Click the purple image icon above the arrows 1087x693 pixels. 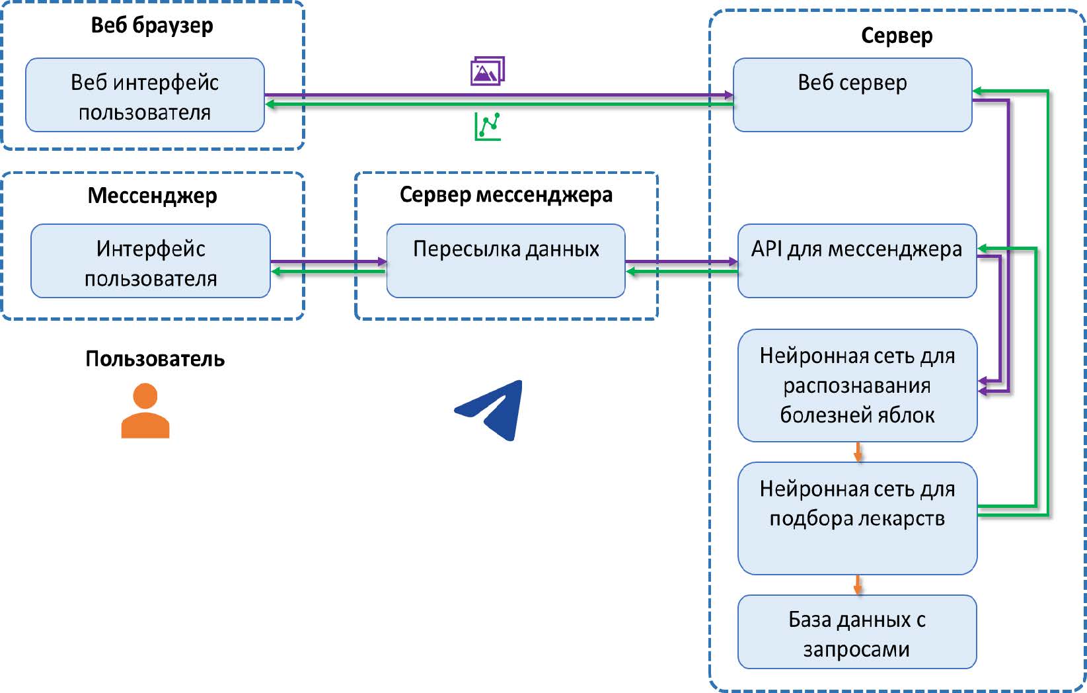click(488, 71)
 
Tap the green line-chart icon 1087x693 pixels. click(488, 126)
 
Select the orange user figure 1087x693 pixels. click(145, 411)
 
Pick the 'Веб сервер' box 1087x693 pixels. click(852, 95)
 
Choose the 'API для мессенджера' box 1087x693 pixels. click(856, 261)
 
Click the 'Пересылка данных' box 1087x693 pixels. click(506, 261)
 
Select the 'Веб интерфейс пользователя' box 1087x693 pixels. click(145, 95)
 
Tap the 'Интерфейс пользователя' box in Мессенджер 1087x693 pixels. click(150, 261)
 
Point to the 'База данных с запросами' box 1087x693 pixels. click(856, 632)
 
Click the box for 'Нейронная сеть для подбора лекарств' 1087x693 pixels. click(856, 518)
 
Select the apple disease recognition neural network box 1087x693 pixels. click(856, 385)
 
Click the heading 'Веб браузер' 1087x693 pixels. click(152, 26)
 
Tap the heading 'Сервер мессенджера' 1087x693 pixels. click(506, 195)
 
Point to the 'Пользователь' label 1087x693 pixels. click(155, 359)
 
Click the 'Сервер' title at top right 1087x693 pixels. click(896, 36)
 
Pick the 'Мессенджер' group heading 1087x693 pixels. click(152, 196)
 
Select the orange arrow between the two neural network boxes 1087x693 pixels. click(858, 452)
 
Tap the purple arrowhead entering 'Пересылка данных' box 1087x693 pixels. click(382, 262)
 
